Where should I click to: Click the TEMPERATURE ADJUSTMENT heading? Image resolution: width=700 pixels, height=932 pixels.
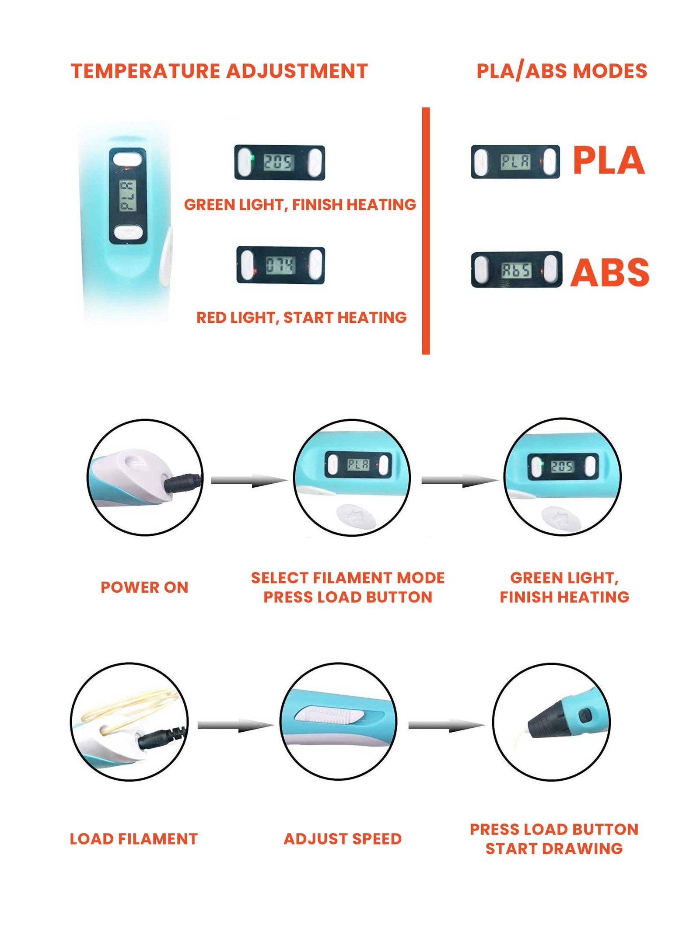point(219,71)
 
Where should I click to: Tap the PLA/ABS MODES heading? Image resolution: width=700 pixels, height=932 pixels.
point(561,71)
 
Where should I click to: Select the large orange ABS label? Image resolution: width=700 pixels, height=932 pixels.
point(609,272)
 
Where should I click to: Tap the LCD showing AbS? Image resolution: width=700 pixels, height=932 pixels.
point(516,270)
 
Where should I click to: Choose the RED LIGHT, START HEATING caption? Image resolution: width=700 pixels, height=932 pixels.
point(301,318)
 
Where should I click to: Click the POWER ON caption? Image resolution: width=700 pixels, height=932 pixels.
point(144,587)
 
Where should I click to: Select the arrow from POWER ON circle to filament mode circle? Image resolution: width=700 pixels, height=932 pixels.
point(248,481)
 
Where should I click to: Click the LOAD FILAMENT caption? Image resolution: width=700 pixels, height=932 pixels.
point(133,838)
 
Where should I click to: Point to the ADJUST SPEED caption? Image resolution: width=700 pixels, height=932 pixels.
point(343,838)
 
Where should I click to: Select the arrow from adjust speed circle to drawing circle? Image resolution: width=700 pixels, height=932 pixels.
point(446,726)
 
